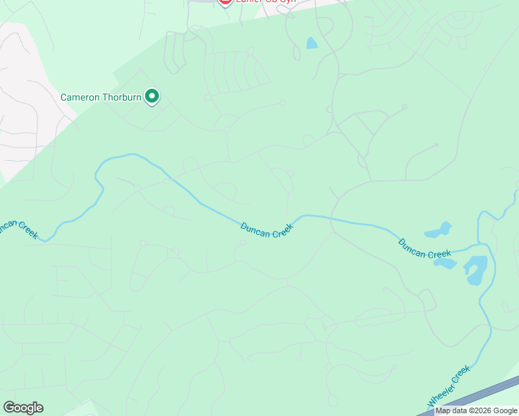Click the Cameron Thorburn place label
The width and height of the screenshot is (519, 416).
click(101, 97)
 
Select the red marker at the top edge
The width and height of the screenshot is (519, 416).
click(225, 2)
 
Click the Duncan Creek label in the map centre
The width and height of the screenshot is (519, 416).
click(267, 230)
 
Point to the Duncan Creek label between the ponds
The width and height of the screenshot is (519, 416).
click(425, 249)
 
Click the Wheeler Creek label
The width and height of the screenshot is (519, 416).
click(449, 387)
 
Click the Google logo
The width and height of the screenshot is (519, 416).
click(23, 408)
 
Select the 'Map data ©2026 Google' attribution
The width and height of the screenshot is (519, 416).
click(477, 410)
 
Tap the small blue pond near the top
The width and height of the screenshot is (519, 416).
click(312, 44)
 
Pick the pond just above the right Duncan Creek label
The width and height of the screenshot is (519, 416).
click(438, 230)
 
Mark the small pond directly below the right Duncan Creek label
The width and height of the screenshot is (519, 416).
click(445, 263)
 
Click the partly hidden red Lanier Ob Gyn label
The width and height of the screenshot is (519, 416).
click(264, 2)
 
